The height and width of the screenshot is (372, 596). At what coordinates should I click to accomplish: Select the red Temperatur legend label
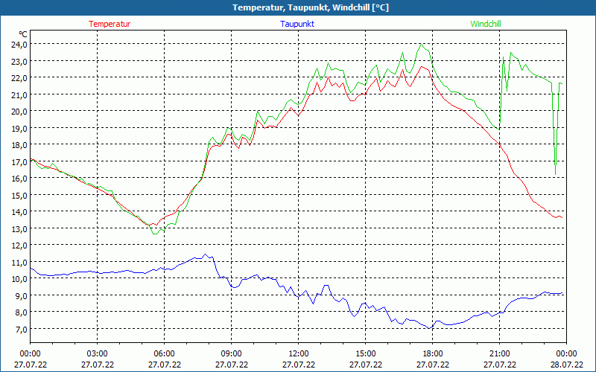[110, 24]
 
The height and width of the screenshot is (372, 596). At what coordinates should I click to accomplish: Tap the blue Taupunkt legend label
[297, 24]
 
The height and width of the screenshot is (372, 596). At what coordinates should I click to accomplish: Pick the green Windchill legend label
[486, 24]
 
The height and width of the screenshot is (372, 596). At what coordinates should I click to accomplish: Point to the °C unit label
[23, 34]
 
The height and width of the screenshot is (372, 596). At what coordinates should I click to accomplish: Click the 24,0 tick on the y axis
[19, 44]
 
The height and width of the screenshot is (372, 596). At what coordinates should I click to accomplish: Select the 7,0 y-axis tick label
[20, 329]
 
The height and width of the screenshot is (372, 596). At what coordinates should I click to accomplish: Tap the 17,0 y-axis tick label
[19, 161]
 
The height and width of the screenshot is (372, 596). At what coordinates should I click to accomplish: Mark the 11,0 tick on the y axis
[19, 262]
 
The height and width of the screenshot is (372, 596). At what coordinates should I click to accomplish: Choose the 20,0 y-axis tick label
[19, 111]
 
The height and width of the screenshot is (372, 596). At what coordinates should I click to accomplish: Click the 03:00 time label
[97, 353]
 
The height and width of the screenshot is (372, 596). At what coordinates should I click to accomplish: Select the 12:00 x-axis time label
[298, 353]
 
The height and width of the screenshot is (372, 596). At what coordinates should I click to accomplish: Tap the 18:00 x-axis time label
[432, 353]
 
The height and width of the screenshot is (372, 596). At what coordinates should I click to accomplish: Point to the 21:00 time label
[499, 353]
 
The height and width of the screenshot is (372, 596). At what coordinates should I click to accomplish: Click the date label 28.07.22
[566, 365]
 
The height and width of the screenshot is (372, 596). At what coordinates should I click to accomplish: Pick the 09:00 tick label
[231, 353]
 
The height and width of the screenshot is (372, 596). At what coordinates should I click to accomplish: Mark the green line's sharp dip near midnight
[555, 173]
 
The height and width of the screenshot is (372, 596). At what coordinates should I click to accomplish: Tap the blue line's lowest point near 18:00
[430, 328]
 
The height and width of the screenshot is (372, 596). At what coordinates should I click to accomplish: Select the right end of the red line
[562, 218]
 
